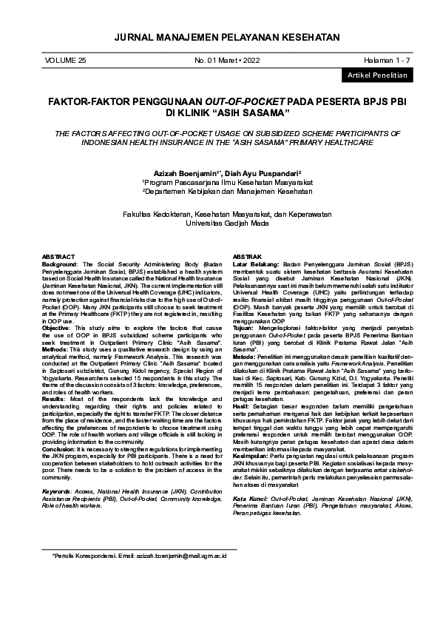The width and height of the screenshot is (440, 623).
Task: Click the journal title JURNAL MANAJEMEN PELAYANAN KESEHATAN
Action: pos(220,37)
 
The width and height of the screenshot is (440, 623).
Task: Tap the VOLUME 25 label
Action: pos(66,59)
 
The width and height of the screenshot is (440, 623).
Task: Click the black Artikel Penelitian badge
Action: pos(373,75)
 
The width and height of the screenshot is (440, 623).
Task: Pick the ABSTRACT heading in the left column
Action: pos(58,256)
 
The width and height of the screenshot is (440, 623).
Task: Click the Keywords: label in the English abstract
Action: pos(57,491)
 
